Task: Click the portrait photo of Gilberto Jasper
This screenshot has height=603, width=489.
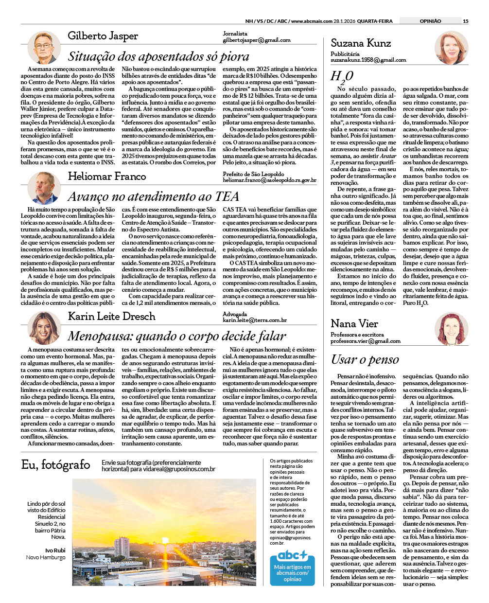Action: click(x=44, y=47)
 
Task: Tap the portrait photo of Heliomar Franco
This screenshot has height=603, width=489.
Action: click(x=44, y=187)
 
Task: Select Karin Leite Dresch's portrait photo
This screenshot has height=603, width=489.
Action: click(x=44, y=327)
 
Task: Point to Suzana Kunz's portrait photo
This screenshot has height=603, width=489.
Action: click(x=451, y=48)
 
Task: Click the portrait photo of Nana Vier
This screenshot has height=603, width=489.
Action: click(x=451, y=329)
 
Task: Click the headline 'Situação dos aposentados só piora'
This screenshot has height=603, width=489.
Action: click(x=158, y=56)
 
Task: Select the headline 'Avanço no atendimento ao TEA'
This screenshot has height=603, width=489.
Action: click(x=153, y=196)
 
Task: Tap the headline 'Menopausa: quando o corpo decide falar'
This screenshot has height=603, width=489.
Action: click(x=177, y=336)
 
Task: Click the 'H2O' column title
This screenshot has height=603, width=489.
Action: click(x=341, y=76)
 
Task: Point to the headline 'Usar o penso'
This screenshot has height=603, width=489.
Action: click(x=365, y=359)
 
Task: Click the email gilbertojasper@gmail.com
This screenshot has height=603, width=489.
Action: click(x=256, y=40)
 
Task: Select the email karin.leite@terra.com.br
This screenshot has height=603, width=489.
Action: click(x=254, y=320)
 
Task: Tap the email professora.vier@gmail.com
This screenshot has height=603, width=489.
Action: click(x=365, y=341)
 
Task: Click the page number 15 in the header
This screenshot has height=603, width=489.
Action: click(x=465, y=21)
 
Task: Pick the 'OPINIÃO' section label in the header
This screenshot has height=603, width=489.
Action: click(x=430, y=21)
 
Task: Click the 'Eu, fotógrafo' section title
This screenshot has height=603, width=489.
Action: click(x=56, y=465)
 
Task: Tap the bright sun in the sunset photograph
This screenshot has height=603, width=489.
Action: click(x=165, y=540)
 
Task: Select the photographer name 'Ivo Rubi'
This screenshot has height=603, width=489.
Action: click(x=55, y=550)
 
